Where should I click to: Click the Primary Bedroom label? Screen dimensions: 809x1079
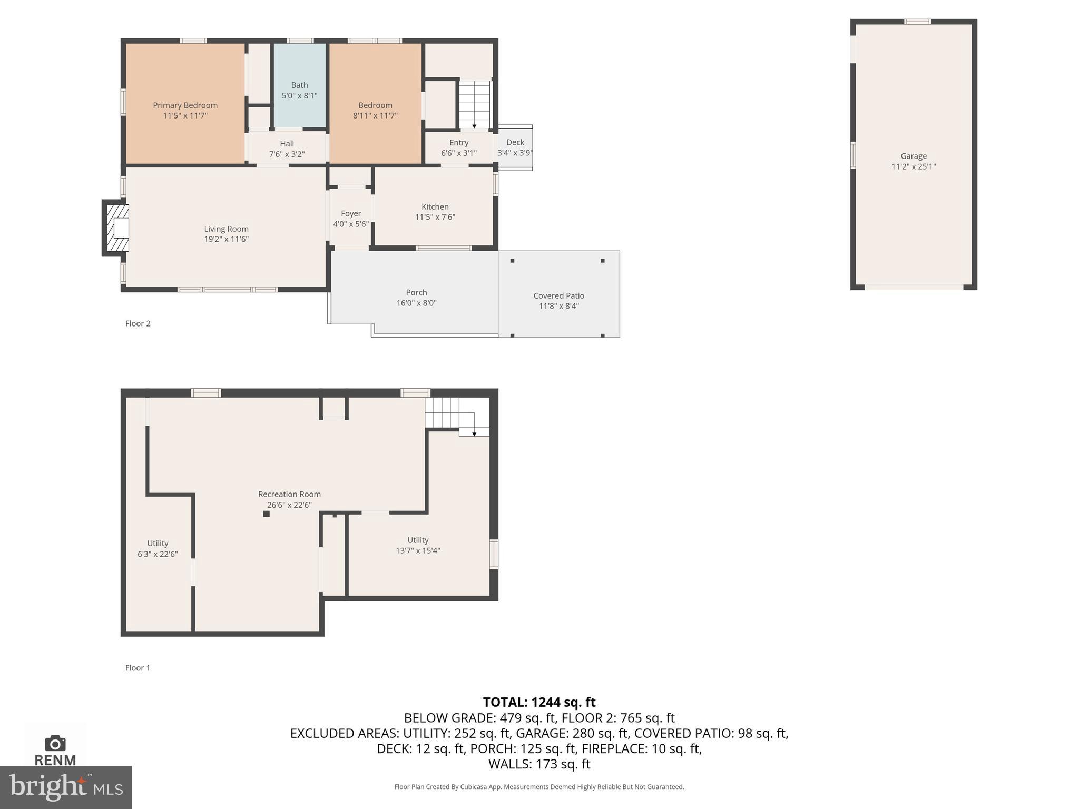pyautogui.click(x=185, y=105)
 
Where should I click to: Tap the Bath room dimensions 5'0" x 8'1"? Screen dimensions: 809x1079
pyautogui.click(x=299, y=96)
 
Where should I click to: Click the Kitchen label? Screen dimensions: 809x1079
pyautogui.click(x=435, y=206)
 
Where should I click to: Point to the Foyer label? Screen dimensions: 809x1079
pyautogui.click(x=351, y=213)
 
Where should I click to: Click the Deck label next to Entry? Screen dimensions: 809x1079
pyautogui.click(x=515, y=142)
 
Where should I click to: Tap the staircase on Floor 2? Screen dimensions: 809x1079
pyautogui.click(x=474, y=104)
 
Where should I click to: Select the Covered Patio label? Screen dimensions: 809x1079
pyautogui.click(x=558, y=295)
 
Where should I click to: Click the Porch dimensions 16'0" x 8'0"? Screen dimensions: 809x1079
pyautogui.click(x=416, y=303)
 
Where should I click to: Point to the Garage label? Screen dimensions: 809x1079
pyautogui.click(x=913, y=156)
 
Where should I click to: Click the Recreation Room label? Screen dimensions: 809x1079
pyautogui.click(x=289, y=494)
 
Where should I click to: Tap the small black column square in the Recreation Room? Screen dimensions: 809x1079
pyautogui.click(x=267, y=514)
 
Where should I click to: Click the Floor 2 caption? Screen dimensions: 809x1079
pyautogui.click(x=138, y=323)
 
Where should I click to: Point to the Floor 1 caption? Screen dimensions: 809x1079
pyautogui.click(x=138, y=668)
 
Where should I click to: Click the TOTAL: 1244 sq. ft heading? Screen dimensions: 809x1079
pyautogui.click(x=539, y=702)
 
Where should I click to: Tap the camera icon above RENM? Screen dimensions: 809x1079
pyautogui.click(x=55, y=743)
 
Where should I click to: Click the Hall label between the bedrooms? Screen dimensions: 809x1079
pyautogui.click(x=287, y=143)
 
